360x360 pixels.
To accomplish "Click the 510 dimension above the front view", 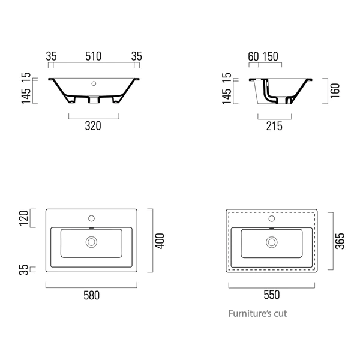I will (93, 56).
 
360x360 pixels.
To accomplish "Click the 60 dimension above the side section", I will (253, 56).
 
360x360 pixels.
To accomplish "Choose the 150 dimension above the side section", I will (270, 56).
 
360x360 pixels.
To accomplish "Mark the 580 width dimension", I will (92, 295).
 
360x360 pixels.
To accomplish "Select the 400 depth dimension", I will (160, 241).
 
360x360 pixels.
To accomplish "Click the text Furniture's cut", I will (262, 313).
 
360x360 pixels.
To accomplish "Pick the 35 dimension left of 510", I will (51, 56).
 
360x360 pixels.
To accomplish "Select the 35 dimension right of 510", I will (137, 56).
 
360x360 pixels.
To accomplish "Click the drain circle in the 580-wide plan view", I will (92, 242).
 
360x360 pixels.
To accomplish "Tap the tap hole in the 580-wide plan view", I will (92, 218).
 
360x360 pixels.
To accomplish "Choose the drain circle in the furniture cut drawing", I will (272, 242).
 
